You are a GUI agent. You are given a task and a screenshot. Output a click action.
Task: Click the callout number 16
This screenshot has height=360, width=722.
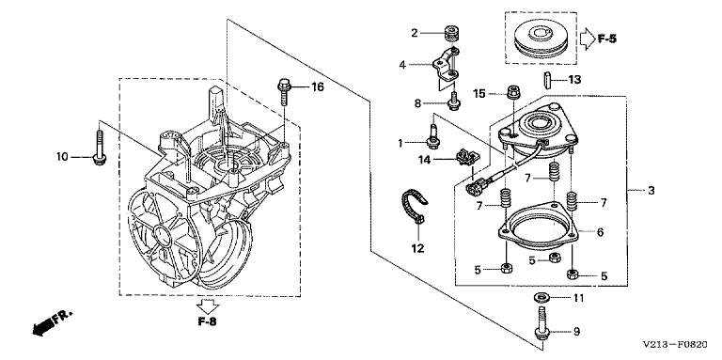(x=317, y=86)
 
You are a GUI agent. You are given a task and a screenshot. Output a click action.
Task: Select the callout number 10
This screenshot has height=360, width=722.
(x=62, y=157)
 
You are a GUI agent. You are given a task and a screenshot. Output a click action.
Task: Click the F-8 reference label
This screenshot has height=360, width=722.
(x=207, y=321)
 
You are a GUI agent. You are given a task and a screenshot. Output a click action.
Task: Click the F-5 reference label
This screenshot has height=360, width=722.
(x=607, y=39)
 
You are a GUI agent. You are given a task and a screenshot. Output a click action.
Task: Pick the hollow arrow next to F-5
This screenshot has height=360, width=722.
(x=587, y=39)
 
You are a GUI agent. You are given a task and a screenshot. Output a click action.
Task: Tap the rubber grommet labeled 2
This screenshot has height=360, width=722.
(x=452, y=34)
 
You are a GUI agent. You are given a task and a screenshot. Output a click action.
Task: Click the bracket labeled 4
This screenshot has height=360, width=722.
(x=444, y=68)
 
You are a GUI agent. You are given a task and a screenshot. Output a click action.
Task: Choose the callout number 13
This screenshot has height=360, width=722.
(x=574, y=80)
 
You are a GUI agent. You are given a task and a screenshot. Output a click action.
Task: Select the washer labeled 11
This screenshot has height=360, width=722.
(x=541, y=297)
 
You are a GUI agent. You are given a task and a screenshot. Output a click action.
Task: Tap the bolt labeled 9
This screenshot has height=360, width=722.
(x=541, y=327)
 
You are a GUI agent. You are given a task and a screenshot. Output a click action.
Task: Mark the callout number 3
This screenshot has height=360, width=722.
(x=651, y=190)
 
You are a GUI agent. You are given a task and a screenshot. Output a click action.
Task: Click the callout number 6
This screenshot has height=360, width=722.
(x=601, y=232)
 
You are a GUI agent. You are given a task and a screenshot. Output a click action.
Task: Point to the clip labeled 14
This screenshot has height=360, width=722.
(x=467, y=157)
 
